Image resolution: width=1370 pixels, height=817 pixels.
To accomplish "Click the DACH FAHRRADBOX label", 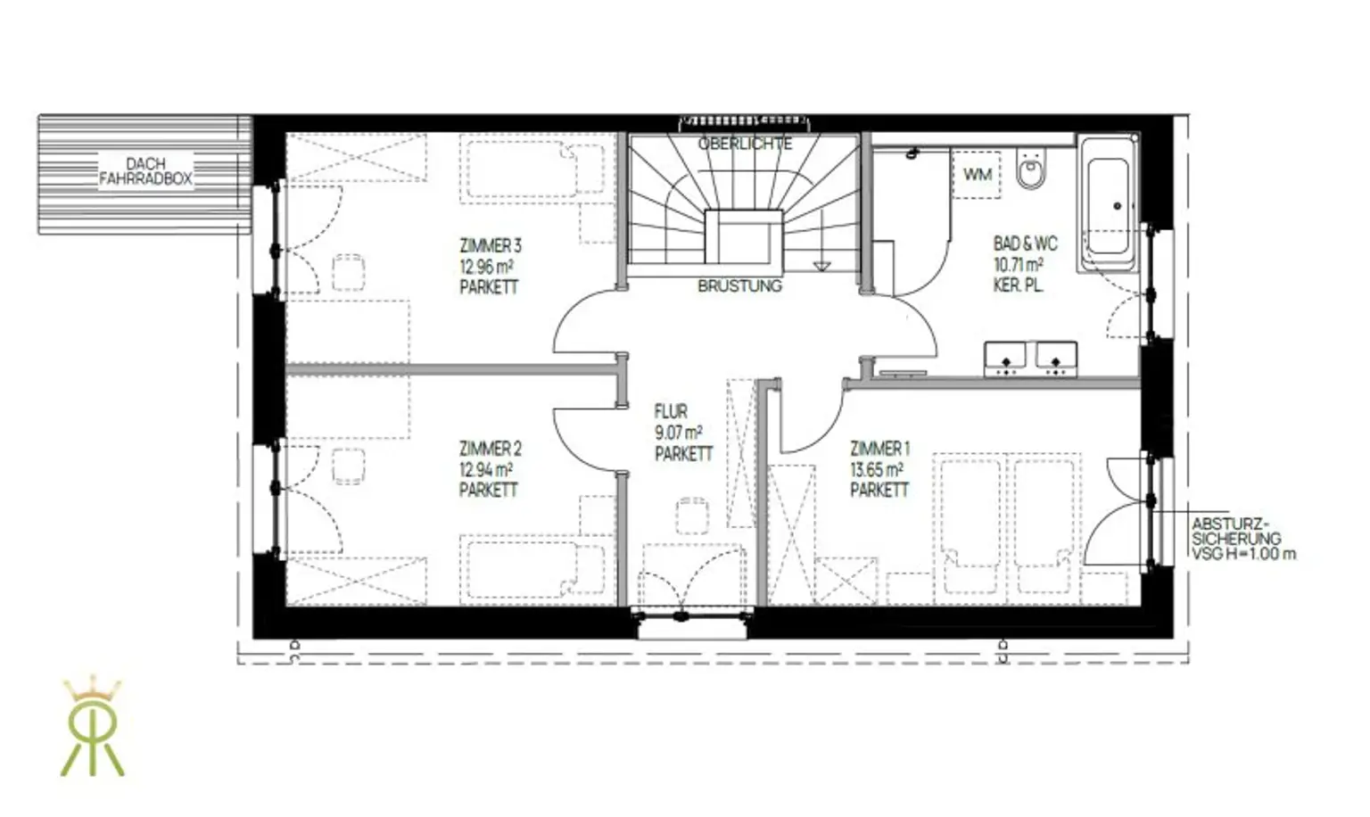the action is pos(145,171).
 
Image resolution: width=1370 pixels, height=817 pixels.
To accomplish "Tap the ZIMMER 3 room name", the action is pos(491,246).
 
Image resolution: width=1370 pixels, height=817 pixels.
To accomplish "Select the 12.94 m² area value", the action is pos(486,470).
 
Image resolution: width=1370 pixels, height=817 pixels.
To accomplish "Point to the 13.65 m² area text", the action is pos(877,470).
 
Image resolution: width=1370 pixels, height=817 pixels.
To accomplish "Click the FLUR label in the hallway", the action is pos(671,411).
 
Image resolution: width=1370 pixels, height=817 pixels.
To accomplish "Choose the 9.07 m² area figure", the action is pos(679,433).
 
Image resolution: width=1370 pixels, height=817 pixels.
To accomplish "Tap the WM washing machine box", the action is pos(977,175).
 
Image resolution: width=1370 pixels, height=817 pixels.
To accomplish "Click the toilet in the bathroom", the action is pos(1032,169).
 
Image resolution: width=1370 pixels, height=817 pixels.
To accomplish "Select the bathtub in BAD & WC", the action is pos(1109,203).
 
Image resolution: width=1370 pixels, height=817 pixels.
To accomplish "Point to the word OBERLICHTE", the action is pos(746,144).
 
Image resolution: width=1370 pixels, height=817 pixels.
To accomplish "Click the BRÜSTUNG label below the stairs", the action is pos(740,285).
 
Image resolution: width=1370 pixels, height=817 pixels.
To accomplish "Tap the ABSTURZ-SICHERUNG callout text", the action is pos(1243,540).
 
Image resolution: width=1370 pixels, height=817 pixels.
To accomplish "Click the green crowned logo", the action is pos(93,727).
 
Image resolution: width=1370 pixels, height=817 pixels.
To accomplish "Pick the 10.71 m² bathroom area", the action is pos(1019,265).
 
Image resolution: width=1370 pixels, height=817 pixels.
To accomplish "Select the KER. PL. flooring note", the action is pos(1019,285).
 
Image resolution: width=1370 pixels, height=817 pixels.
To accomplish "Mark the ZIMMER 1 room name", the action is pos(880,449).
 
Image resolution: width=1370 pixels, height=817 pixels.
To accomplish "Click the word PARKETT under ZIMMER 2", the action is pos(489,491).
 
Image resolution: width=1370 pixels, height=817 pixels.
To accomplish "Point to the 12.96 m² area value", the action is pos(486,267).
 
